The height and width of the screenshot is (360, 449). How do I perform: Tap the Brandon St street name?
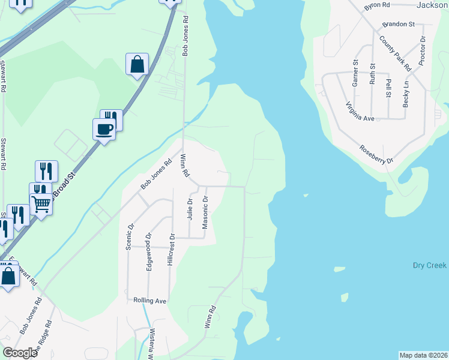pyautogui.click(x=399, y=25)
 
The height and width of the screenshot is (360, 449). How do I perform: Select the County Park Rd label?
pyautogui.click(x=395, y=52)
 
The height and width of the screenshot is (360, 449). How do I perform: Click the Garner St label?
pyautogui.click(x=355, y=73)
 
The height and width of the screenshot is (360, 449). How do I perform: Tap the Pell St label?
pyautogui.click(x=389, y=88)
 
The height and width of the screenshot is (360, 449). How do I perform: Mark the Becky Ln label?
pyautogui.click(x=406, y=94)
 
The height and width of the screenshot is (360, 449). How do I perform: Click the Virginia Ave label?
pyautogui.click(x=360, y=111)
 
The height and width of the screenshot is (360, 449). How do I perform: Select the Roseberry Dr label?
pyautogui.click(x=376, y=155)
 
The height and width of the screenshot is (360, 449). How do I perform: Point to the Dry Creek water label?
pyautogui.click(x=430, y=265)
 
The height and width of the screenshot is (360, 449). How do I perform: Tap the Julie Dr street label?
pyautogui.click(x=190, y=209)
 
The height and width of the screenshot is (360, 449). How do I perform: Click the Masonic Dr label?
pyautogui.click(x=205, y=212)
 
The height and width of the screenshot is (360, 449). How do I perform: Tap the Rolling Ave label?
pyautogui.click(x=149, y=300)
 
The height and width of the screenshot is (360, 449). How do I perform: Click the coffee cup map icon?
pyautogui.click(x=104, y=128)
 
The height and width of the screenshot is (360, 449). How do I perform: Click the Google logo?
pyautogui.click(x=20, y=353)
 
